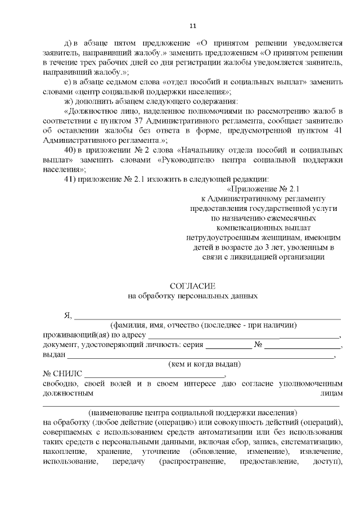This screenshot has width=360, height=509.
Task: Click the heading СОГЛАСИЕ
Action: pos(193,286)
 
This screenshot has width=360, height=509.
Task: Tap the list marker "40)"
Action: pos(72,151)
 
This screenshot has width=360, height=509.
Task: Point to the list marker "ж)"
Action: pos(70,102)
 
